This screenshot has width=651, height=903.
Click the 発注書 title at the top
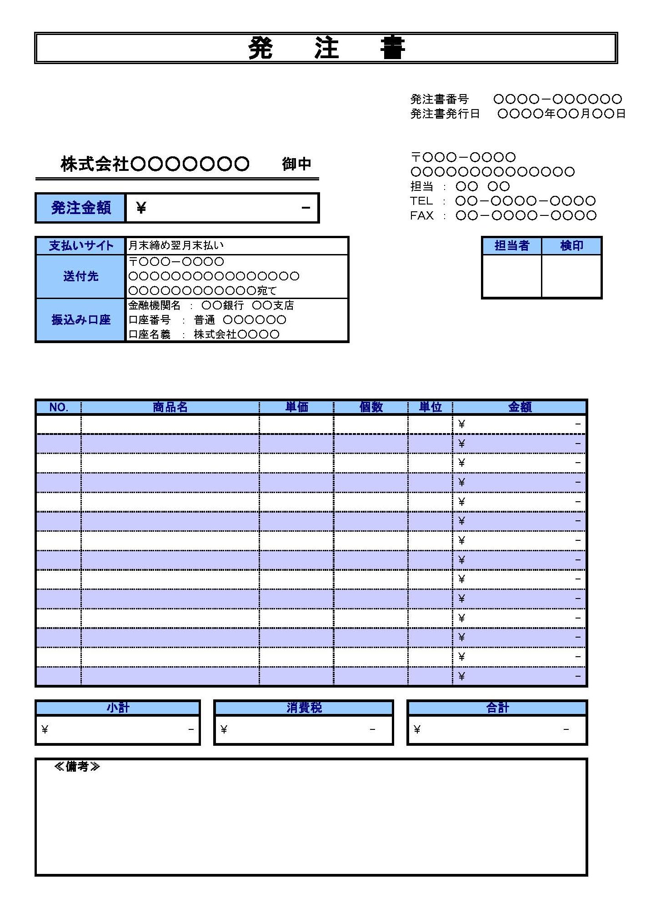coord(325,48)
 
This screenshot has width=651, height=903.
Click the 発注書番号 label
coord(439,99)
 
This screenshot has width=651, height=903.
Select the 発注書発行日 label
coord(445,114)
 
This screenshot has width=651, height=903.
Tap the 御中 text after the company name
coord(296,164)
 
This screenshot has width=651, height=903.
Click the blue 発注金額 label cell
coord(80,208)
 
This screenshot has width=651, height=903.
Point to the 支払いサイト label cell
coord(80,246)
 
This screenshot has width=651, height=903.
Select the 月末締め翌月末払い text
coord(176,246)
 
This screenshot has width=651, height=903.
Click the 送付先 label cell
coord(80,276)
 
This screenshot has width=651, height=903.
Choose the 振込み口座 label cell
coord(80,320)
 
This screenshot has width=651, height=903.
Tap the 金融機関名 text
coord(155,305)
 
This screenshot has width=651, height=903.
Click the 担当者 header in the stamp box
coord(512,246)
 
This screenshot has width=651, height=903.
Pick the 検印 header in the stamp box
coord(571,246)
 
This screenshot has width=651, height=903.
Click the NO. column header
coord(59,407)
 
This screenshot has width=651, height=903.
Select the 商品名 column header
coord(170,407)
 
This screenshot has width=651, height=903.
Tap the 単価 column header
coord(296,407)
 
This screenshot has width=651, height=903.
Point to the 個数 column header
coord(371,407)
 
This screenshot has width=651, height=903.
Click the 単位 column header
coord(430,407)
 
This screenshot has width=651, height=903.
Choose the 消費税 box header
coord(304,708)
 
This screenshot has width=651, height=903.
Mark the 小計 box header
coord(118,708)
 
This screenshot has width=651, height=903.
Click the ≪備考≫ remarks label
coord(76,767)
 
